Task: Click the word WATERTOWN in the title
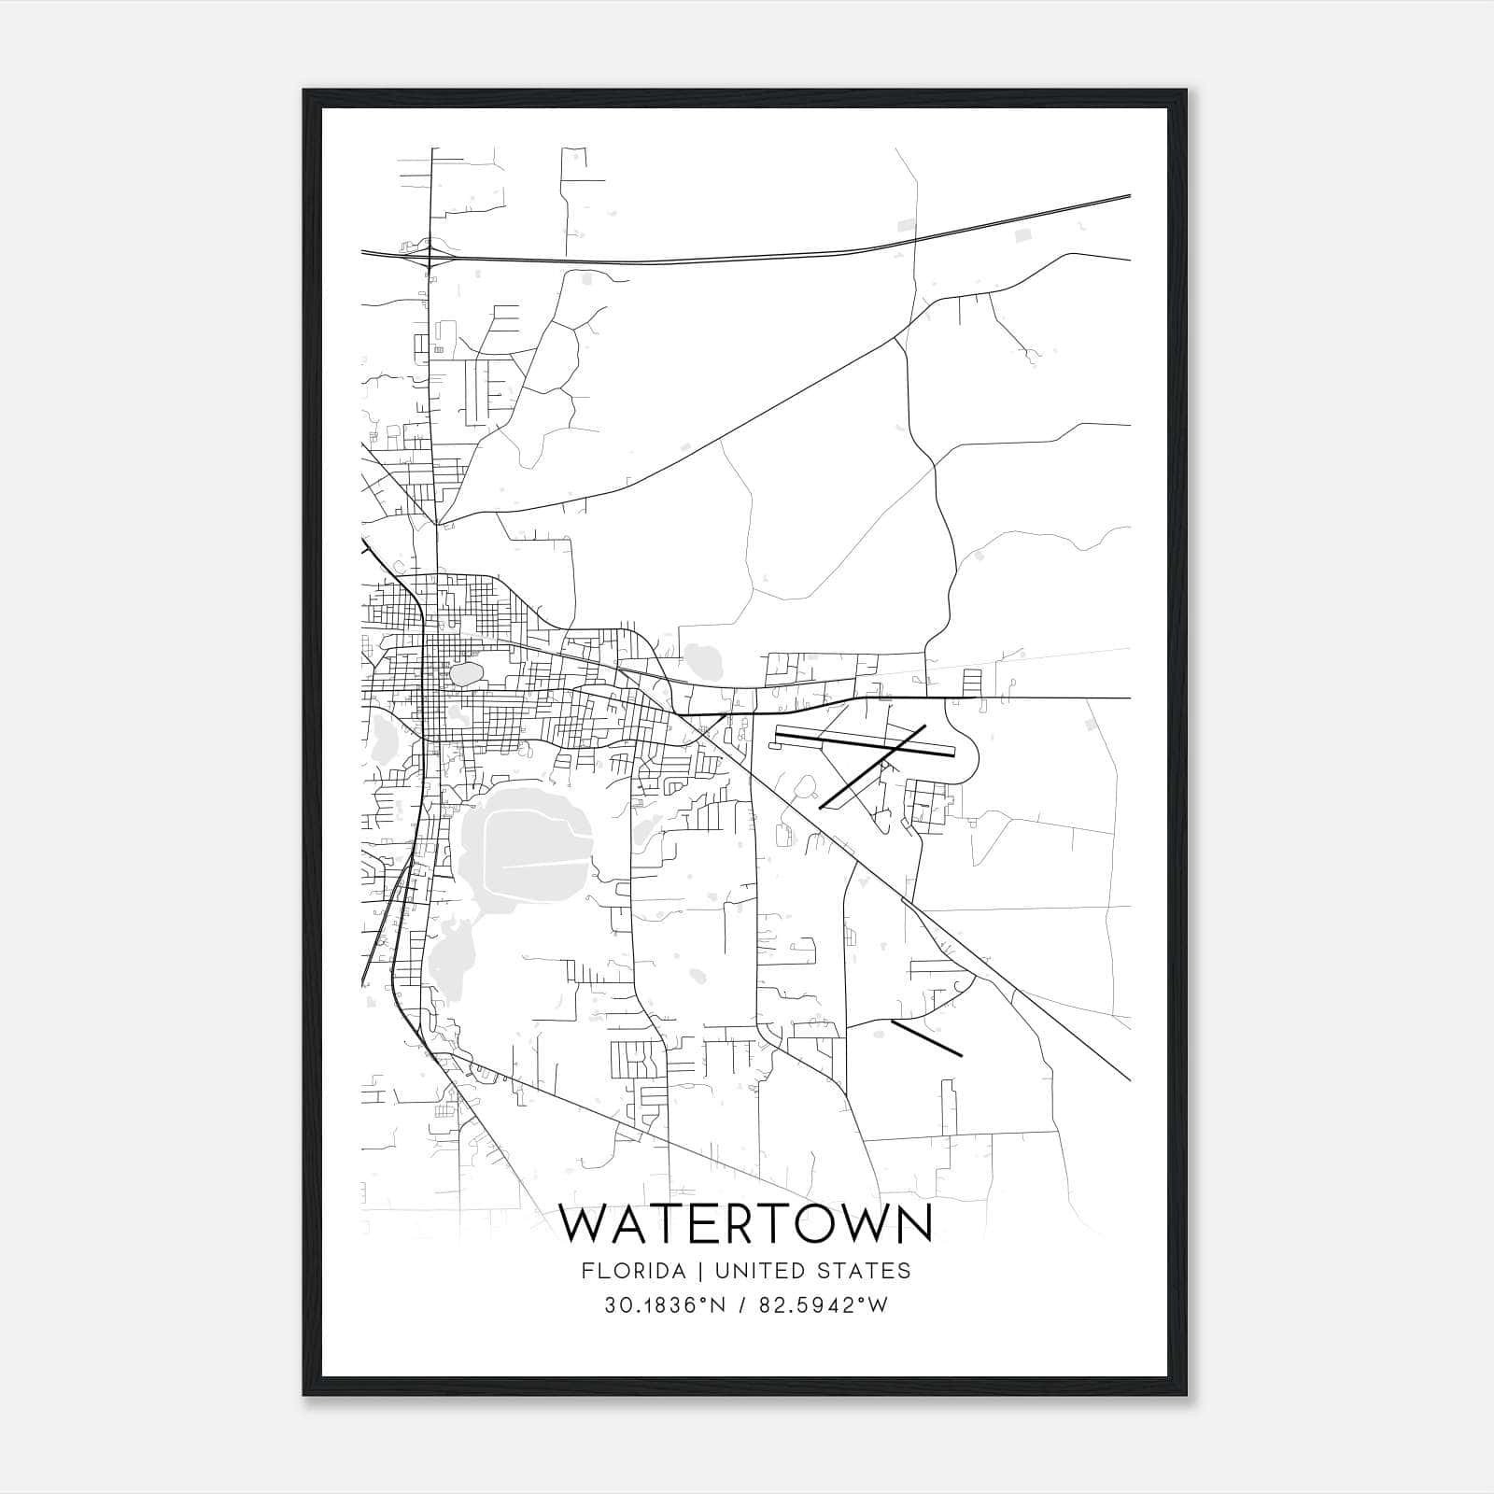tap(746, 1224)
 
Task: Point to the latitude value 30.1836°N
tap(665, 1305)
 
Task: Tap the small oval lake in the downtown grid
tap(466, 673)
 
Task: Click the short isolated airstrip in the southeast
tap(926, 1038)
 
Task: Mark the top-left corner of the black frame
tap(304, 91)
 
